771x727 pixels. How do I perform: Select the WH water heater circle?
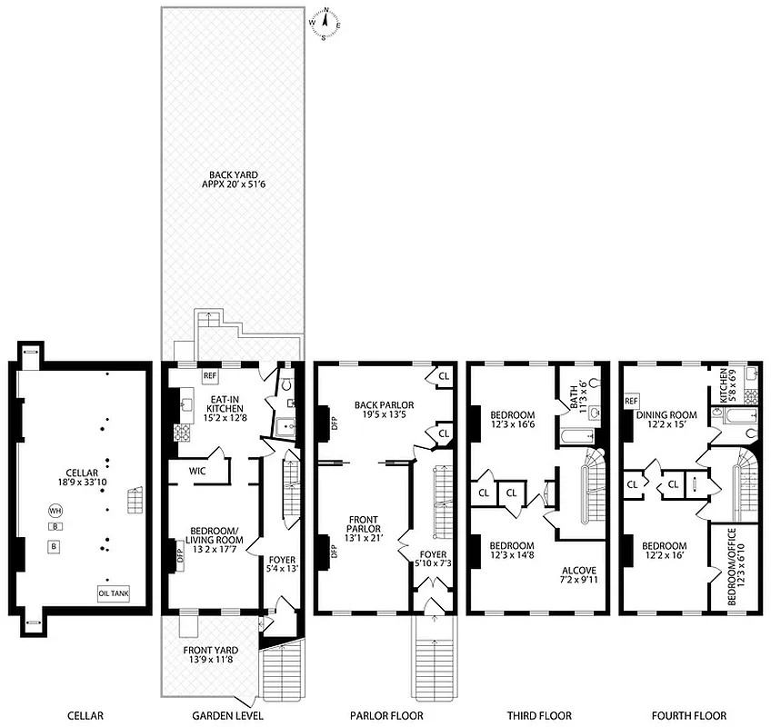55,511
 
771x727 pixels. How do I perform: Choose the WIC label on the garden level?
199,472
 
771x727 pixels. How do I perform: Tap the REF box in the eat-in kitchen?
210,375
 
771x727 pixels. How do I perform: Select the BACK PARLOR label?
385,410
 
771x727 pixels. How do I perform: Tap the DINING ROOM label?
666,420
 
